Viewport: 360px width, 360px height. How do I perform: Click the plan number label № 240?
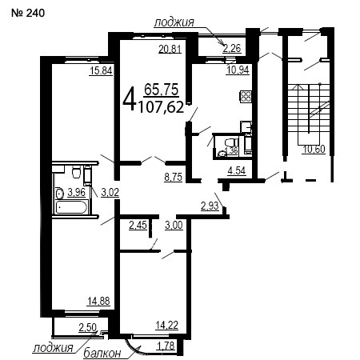[28, 13]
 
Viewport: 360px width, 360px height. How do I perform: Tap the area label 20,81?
[170, 49]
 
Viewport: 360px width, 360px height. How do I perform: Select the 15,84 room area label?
[101, 71]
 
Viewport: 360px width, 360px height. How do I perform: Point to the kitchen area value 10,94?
[238, 70]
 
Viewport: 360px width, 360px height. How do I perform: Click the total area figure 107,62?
[162, 107]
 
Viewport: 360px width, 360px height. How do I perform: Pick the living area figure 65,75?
[162, 90]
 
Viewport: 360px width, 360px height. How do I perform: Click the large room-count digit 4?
[129, 100]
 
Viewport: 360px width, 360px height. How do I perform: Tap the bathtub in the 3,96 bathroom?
[71, 207]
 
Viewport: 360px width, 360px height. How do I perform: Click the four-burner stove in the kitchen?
[246, 96]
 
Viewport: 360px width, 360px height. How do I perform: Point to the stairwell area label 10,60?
[314, 150]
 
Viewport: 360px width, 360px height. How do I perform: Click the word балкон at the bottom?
[102, 354]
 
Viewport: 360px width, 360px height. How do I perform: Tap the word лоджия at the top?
[174, 22]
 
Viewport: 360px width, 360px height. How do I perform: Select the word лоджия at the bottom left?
[53, 347]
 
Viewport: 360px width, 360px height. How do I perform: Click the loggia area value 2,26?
[232, 49]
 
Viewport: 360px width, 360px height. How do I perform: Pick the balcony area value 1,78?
[166, 346]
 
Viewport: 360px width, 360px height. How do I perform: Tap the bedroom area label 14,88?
[98, 301]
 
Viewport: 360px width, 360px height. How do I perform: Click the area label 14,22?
[167, 326]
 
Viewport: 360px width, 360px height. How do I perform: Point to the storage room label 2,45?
[138, 225]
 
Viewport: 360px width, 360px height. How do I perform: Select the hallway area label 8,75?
[174, 177]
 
